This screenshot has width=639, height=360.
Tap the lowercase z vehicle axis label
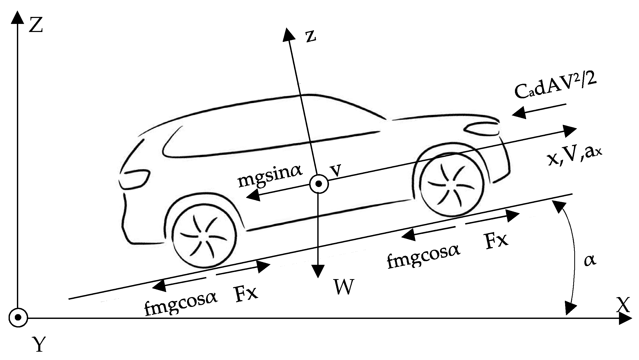tap(311, 37)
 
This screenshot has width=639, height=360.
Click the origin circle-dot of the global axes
tap(18, 318)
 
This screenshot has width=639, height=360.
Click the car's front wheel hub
tap(452, 184)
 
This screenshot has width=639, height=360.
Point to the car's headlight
tap(482, 128)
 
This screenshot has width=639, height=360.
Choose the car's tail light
tap(134, 178)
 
